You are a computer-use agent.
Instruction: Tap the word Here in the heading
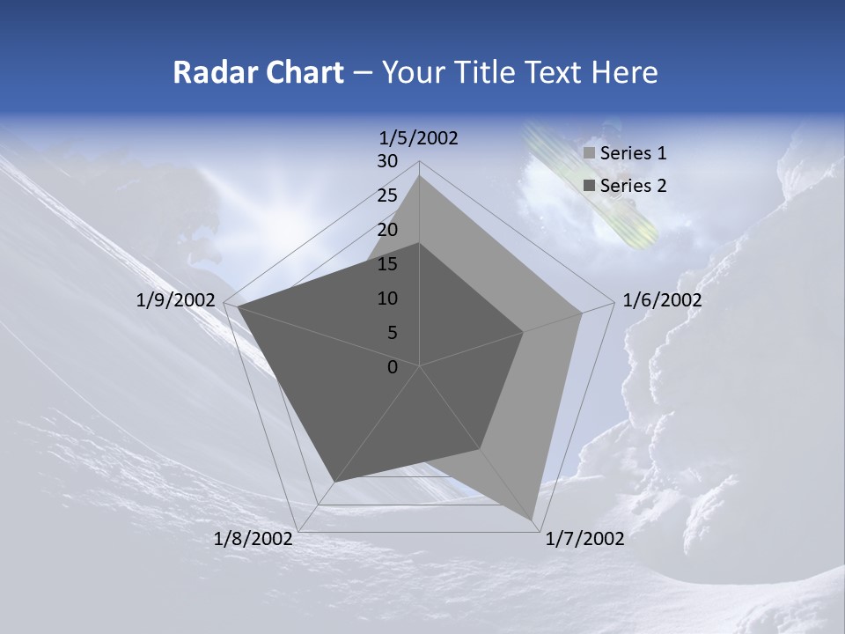(x=624, y=72)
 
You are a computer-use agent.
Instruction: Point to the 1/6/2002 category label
(x=662, y=300)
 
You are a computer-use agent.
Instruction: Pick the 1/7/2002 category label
(x=584, y=539)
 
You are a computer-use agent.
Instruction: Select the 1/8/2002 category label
(x=253, y=539)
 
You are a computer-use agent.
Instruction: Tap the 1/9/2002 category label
(x=176, y=300)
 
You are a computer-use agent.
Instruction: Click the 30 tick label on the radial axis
(x=387, y=161)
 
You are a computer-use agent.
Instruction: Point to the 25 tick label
(x=387, y=195)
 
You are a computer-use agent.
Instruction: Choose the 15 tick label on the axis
(x=387, y=264)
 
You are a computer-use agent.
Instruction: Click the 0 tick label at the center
(x=393, y=367)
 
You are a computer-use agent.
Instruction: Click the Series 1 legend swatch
(x=590, y=154)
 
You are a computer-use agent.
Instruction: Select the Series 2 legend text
(x=633, y=186)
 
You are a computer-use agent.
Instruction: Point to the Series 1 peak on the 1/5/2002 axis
(x=420, y=175)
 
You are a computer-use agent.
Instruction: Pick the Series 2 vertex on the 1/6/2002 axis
(x=524, y=332)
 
